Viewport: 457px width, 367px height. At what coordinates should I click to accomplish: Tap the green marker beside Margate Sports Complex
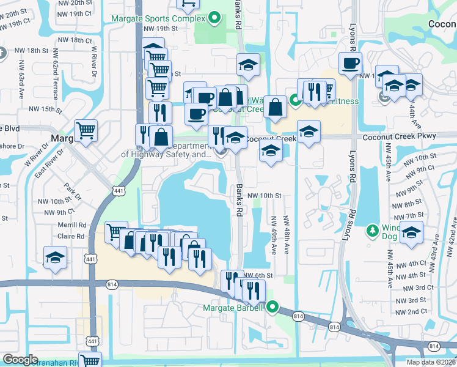pyautogui.click(x=213, y=19)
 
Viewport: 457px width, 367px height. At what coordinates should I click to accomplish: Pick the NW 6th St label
pyautogui.click(x=257, y=275)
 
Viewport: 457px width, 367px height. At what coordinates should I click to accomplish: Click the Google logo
pyautogui.click(x=21, y=359)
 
